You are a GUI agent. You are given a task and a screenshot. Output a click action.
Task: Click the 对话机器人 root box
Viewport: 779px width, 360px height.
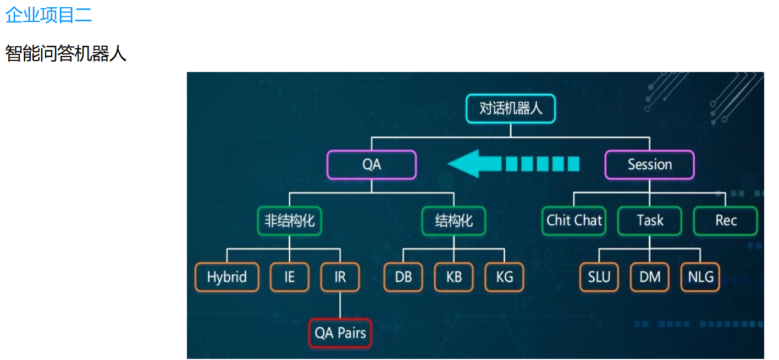tap(511, 108)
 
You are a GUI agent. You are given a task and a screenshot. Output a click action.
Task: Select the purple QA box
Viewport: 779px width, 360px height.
tap(372, 164)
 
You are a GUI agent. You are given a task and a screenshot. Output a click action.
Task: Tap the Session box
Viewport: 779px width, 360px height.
tap(650, 164)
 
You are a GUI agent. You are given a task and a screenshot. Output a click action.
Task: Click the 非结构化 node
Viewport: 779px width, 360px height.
tap(289, 221)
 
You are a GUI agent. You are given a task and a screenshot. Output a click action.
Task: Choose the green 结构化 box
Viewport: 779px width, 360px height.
tap(454, 221)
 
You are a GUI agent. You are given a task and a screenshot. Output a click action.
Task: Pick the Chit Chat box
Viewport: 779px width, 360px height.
tap(574, 221)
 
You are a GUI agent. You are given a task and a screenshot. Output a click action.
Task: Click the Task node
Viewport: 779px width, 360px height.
tap(650, 221)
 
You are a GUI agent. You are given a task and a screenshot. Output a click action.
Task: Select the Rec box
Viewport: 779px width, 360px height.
tap(726, 221)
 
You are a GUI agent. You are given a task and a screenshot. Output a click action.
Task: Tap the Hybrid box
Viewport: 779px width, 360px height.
tap(226, 277)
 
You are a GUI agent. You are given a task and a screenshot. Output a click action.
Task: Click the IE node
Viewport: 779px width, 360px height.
tap(289, 277)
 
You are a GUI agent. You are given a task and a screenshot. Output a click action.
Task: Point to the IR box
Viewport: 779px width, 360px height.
tap(340, 277)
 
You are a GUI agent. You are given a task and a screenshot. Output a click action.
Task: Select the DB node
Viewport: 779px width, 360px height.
tap(403, 277)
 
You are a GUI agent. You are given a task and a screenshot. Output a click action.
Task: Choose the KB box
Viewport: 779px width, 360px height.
tap(454, 277)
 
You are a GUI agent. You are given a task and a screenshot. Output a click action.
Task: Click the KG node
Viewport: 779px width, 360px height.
tap(504, 277)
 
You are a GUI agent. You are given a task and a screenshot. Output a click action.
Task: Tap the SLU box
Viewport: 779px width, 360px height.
tap(599, 277)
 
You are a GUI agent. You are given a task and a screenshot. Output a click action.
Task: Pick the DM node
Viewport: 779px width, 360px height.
tap(650, 277)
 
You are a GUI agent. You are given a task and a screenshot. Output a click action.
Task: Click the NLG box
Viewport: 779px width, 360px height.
tap(700, 277)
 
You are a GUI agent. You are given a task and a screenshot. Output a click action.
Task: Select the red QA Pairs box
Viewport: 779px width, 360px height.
tap(340, 333)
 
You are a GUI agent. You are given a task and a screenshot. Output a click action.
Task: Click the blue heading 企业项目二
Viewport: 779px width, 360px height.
tap(48, 15)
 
